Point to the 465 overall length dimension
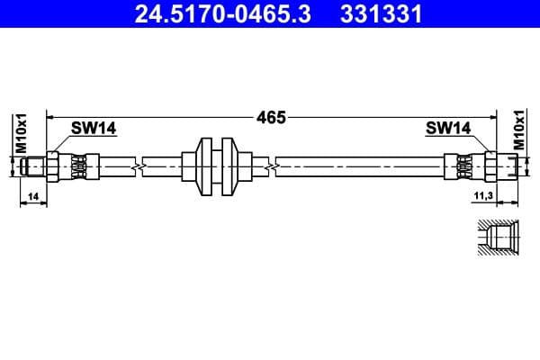[270, 117]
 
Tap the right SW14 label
[448, 129]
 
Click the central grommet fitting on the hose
[216, 166]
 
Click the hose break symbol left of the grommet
[137, 166]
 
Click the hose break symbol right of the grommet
[271, 166]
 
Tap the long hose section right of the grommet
[360, 166]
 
